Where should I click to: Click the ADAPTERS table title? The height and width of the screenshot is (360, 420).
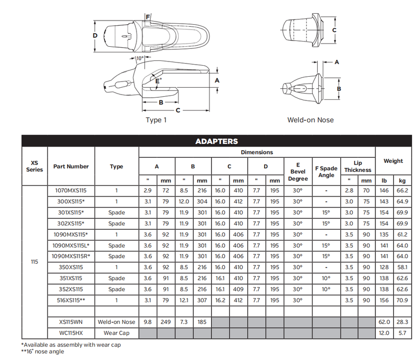point(216,141)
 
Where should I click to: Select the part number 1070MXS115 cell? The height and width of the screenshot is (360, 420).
point(71,191)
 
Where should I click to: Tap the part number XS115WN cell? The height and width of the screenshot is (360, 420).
point(71,322)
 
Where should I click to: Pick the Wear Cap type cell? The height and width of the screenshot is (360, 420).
point(117,333)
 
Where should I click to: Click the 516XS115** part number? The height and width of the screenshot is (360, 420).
point(71,300)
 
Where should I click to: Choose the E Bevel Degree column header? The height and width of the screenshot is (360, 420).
point(298,172)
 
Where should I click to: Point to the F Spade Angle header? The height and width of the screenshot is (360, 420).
point(326,172)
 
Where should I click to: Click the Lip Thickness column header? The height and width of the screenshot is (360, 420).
point(358,167)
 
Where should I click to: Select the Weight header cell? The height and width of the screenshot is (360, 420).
point(393,161)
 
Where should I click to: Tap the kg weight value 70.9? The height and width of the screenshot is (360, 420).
point(402,300)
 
